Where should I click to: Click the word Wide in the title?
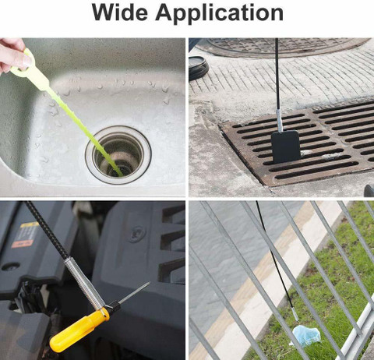(120, 12)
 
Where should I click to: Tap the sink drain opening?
(118, 155)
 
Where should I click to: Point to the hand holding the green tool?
(12, 55)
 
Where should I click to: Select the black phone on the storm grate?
(286, 146)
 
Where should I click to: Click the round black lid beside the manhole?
(199, 68)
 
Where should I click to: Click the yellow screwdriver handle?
(79, 326)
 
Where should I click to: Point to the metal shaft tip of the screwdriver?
(135, 293)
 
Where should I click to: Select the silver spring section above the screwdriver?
(84, 283)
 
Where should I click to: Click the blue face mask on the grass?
(306, 335)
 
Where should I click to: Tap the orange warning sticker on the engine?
(23, 244)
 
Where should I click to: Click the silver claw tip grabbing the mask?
(295, 314)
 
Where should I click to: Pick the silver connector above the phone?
(279, 120)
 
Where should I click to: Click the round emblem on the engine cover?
(136, 234)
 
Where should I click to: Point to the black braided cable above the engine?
(48, 229)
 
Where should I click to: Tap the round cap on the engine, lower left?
(10, 267)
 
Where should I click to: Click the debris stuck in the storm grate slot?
(330, 156)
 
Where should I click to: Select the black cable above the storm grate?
(277, 73)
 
